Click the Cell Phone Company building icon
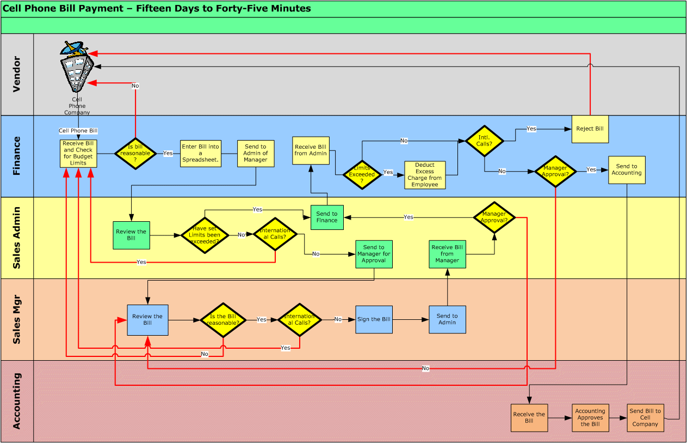coord(76,68)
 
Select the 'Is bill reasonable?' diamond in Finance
coord(135,154)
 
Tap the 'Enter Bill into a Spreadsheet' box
coord(201,154)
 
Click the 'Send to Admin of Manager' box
coord(256,154)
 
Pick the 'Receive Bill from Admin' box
coord(311,150)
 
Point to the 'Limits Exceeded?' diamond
coord(362,174)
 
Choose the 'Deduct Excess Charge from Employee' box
coord(425,175)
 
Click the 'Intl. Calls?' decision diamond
coord(484,141)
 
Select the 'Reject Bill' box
coord(590,129)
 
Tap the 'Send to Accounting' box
coord(627,170)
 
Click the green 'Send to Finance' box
coord(327,217)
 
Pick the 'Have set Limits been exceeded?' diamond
coord(205,235)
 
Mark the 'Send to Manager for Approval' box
coord(374,254)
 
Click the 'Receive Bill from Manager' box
coord(447,254)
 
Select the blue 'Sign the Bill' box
coord(374,319)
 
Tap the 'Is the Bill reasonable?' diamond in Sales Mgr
coord(223,320)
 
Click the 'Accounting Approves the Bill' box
coord(590,418)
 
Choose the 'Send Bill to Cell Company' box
coord(645,418)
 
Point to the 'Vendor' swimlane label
coord(17,74)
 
